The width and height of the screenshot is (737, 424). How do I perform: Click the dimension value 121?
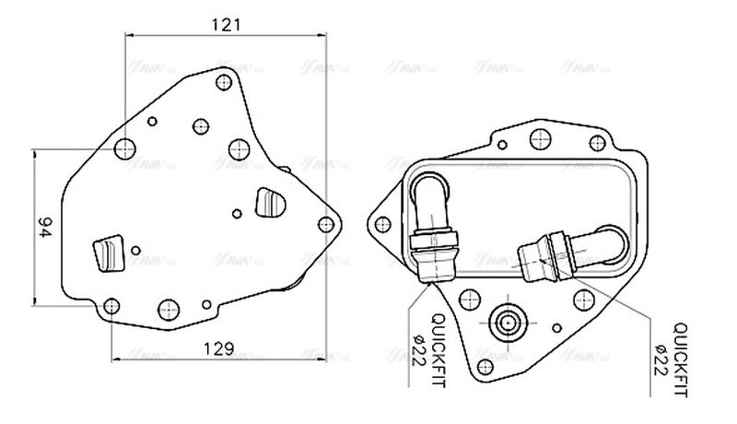(226, 25)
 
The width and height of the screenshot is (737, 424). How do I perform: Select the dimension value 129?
(216, 349)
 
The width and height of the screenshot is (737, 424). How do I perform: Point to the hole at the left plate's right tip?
(325, 223)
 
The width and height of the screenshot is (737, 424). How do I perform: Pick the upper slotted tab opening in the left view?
(270, 201)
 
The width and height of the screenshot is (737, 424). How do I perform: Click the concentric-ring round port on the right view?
(506, 323)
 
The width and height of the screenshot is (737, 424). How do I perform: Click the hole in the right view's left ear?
(382, 222)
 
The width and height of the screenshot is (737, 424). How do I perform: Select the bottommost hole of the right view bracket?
(485, 365)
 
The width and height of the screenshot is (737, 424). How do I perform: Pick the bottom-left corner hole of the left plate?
(111, 306)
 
